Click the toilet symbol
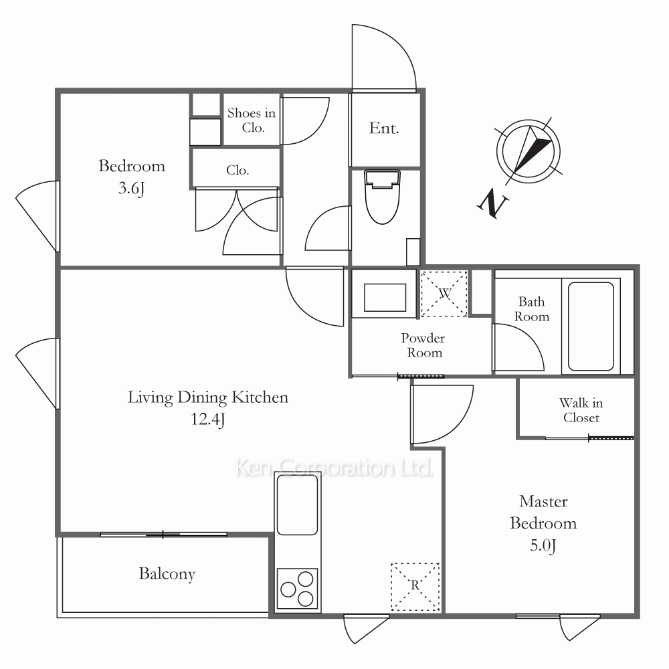tap(382, 197)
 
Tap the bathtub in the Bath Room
tap(591, 326)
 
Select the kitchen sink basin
tap(298, 504)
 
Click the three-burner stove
tap(298, 589)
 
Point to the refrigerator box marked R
tap(415, 587)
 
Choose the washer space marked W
tap(444, 294)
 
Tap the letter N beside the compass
tap(493, 203)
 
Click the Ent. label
tap(384, 128)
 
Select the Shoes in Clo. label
tap(252, 120)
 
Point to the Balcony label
tap(167, 574)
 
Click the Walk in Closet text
tap(581, 410)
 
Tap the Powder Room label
tap(423, 345)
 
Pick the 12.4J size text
tap(208, 419)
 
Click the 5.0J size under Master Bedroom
tap(543, 546)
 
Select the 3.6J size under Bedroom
tap(131, 188)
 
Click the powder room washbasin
tap(385, 298)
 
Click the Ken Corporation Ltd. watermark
tap(334, 468)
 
